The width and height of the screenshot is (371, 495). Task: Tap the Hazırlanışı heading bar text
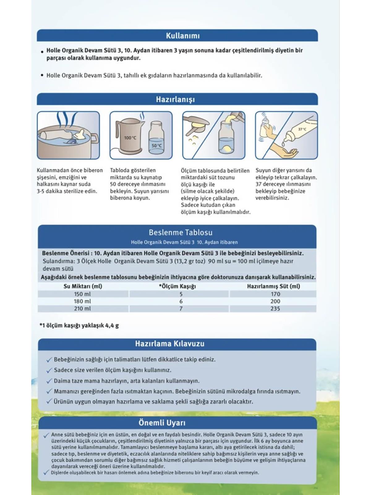pyautogui.click(x=175, y=99)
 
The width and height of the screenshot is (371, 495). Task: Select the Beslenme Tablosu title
pyautogui.click(x=181, y=233)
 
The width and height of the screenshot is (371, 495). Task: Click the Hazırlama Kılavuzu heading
pyautogui.click(x=170, y=344)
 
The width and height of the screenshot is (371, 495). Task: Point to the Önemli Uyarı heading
pyautogui.click(x=162, y=423)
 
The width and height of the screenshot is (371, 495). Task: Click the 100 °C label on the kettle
pyautogui.click(x=130, y=138)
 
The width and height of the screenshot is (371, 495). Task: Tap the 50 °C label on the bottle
pyautogui.click(x=156, y=146)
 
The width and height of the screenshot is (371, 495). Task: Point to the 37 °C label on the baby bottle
pyautogui.click(x=302, y=129)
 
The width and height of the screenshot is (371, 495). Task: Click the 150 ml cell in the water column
pyautogui.click(x=82, y=294)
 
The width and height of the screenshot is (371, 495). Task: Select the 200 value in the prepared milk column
pyautogui.click(x=275, y=301)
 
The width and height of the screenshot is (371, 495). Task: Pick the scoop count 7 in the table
pyautogui.click(x=181, y=309)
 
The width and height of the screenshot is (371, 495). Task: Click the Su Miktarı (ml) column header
pyautogui.click(x=83, y=286)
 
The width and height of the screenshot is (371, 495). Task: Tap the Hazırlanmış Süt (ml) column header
pyautogui.click(x=273, y=286)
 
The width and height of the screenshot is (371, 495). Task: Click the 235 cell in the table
pyautogui.click(x=275, y=309)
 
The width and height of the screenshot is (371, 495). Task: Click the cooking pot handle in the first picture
pyautogui.click(x=95, y=138)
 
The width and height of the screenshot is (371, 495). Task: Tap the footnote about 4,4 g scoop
pyautogui.click(x=79, y=325)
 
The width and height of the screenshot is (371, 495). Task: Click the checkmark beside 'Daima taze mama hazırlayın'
pyautogui.click(x=49, y=381)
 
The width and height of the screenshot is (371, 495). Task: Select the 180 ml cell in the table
pyautogui.click(x=82, y=301)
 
